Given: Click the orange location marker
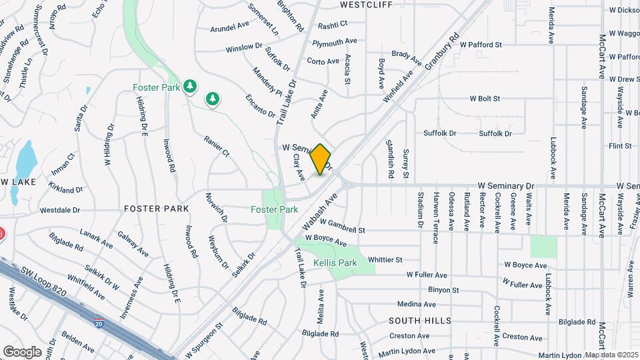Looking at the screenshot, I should coord(321,159).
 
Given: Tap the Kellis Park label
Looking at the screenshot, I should coord(335,263).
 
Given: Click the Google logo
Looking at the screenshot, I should coord(21,351).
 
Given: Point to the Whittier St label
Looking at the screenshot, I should coord(385,259).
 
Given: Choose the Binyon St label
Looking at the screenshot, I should coord(443,290).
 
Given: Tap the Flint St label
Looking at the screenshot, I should coord(620,146).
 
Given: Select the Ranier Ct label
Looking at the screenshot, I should coord(217,145).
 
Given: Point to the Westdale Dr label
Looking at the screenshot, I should coord(59,209).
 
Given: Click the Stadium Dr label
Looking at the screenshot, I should coord(420,209).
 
